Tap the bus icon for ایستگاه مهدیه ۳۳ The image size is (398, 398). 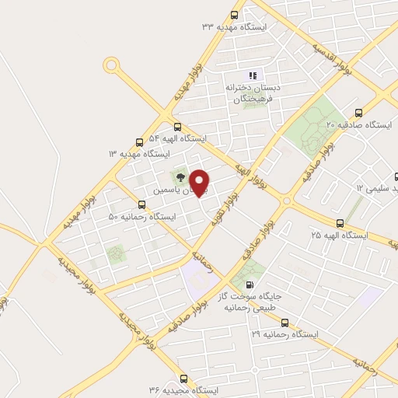click(236, 14)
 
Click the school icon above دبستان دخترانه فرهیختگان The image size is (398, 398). click(252, 74)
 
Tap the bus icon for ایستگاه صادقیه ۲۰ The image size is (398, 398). click(358, 112)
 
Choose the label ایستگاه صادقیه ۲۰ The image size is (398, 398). click(358, 124)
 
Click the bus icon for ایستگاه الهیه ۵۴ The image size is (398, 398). click(177, 127)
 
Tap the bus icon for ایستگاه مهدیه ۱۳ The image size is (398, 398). click(139, 142)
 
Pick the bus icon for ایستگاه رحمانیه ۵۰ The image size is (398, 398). click(141, 204)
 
